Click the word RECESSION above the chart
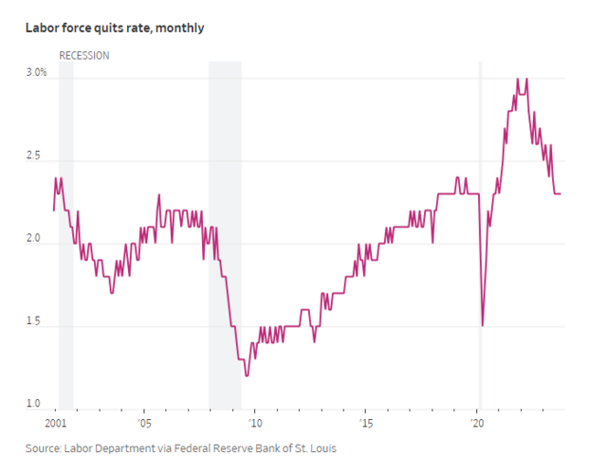84,56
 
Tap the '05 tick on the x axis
143,423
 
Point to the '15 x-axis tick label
366,423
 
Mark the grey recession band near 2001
66,237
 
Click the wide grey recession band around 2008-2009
225,237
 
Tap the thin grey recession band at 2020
480,237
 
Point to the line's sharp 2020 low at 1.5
483,325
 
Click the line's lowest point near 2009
247,375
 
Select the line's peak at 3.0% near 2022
517,80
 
